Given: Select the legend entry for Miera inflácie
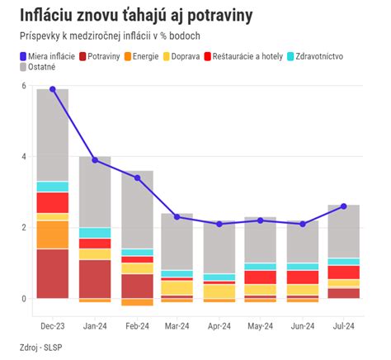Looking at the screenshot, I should pyautogui.click(x=51, y=55).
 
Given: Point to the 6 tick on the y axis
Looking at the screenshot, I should pyautogui.click(x=23, y=86).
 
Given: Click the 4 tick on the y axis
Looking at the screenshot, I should pyautogui.click(x=23, y=157).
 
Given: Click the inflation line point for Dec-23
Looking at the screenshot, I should pyautogui.click(x=53, y=89).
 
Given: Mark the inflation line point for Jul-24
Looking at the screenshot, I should pyautogui.click(x=343, y=206).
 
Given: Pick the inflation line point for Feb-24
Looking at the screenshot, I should pyautogui.click(x=137, y=178).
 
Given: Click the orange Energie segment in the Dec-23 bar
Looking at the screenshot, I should pyautogui.click(x=53, y=234).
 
